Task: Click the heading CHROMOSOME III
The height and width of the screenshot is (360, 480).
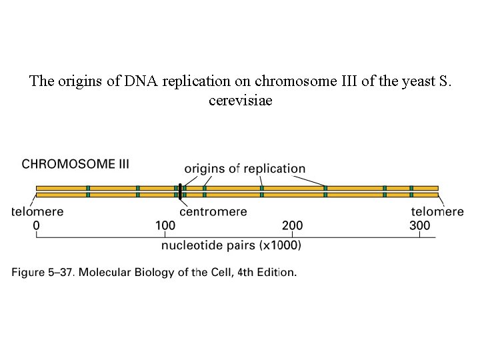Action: coord(76,164)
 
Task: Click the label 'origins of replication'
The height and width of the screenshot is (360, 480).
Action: coord(245,169)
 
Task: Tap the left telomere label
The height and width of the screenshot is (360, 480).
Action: coord(37,212)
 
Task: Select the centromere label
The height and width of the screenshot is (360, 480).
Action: coord(213,212)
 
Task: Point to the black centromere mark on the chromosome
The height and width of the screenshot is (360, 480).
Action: coord(180,191)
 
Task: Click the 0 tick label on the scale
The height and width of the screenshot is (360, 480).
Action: coord(36,226)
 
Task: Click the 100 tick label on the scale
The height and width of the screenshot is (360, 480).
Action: coord(165,226)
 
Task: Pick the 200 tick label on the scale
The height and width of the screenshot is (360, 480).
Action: coord(292,226)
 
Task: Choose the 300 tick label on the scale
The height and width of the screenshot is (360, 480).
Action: coord(419,226)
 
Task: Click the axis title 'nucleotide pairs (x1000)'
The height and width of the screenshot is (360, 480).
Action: coord(231,245)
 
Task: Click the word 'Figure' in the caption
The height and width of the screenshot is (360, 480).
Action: coord(29,272)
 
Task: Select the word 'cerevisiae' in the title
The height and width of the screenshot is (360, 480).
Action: coord(240,101)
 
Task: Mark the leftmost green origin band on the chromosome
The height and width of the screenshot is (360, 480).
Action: coord(88,191)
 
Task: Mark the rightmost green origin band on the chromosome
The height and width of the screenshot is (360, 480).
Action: coord(411,191)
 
